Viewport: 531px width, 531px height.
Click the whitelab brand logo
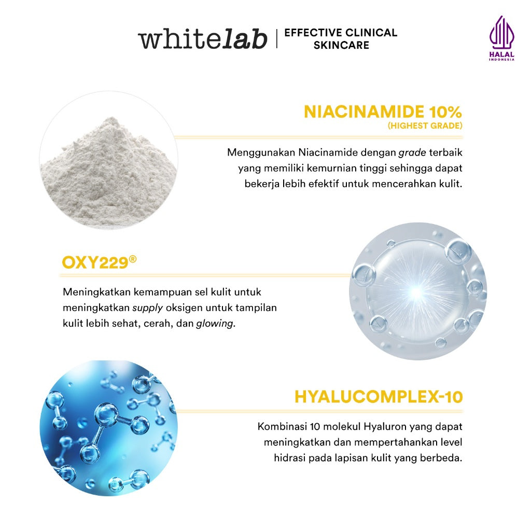(202, 39)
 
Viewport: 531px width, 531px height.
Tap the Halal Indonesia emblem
(501, 38)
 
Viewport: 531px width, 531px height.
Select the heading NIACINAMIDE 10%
(383, 111)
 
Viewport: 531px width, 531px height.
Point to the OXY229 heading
(95, 262)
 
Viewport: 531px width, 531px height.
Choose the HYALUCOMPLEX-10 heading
(379, 397)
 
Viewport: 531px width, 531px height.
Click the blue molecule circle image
(108, 428)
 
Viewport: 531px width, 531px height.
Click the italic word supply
(147, 308)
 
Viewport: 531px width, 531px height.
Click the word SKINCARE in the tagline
(341, 45)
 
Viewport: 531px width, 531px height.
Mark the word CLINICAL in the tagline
(370, 33)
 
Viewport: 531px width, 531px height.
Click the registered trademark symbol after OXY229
(133, 258)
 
